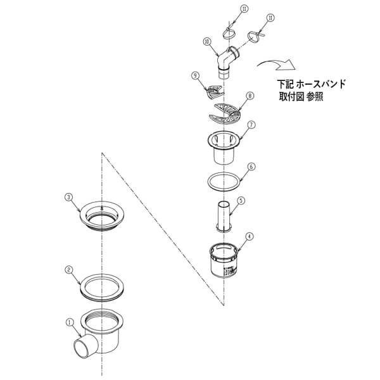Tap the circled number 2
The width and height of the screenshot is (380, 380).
click(x=69, y=269)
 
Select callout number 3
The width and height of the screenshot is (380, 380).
click(x=69, y=197)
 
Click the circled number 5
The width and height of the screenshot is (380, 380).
click(x=241, y=200)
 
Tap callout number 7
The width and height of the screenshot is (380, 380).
click(x=251, y=125)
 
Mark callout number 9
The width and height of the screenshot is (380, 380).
click(x=196, y=75)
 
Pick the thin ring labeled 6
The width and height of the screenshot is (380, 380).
click(x=223, y=180)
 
